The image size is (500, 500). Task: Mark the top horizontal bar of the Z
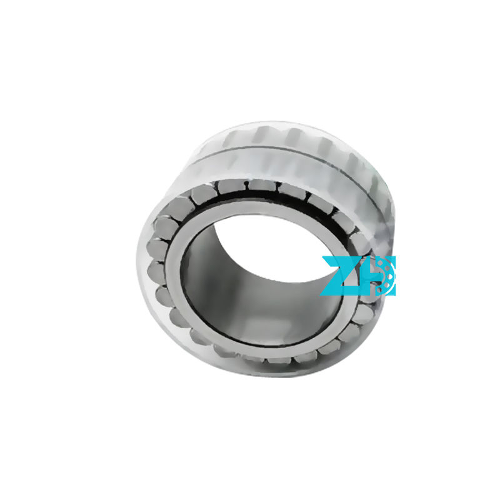click(338, 259)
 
